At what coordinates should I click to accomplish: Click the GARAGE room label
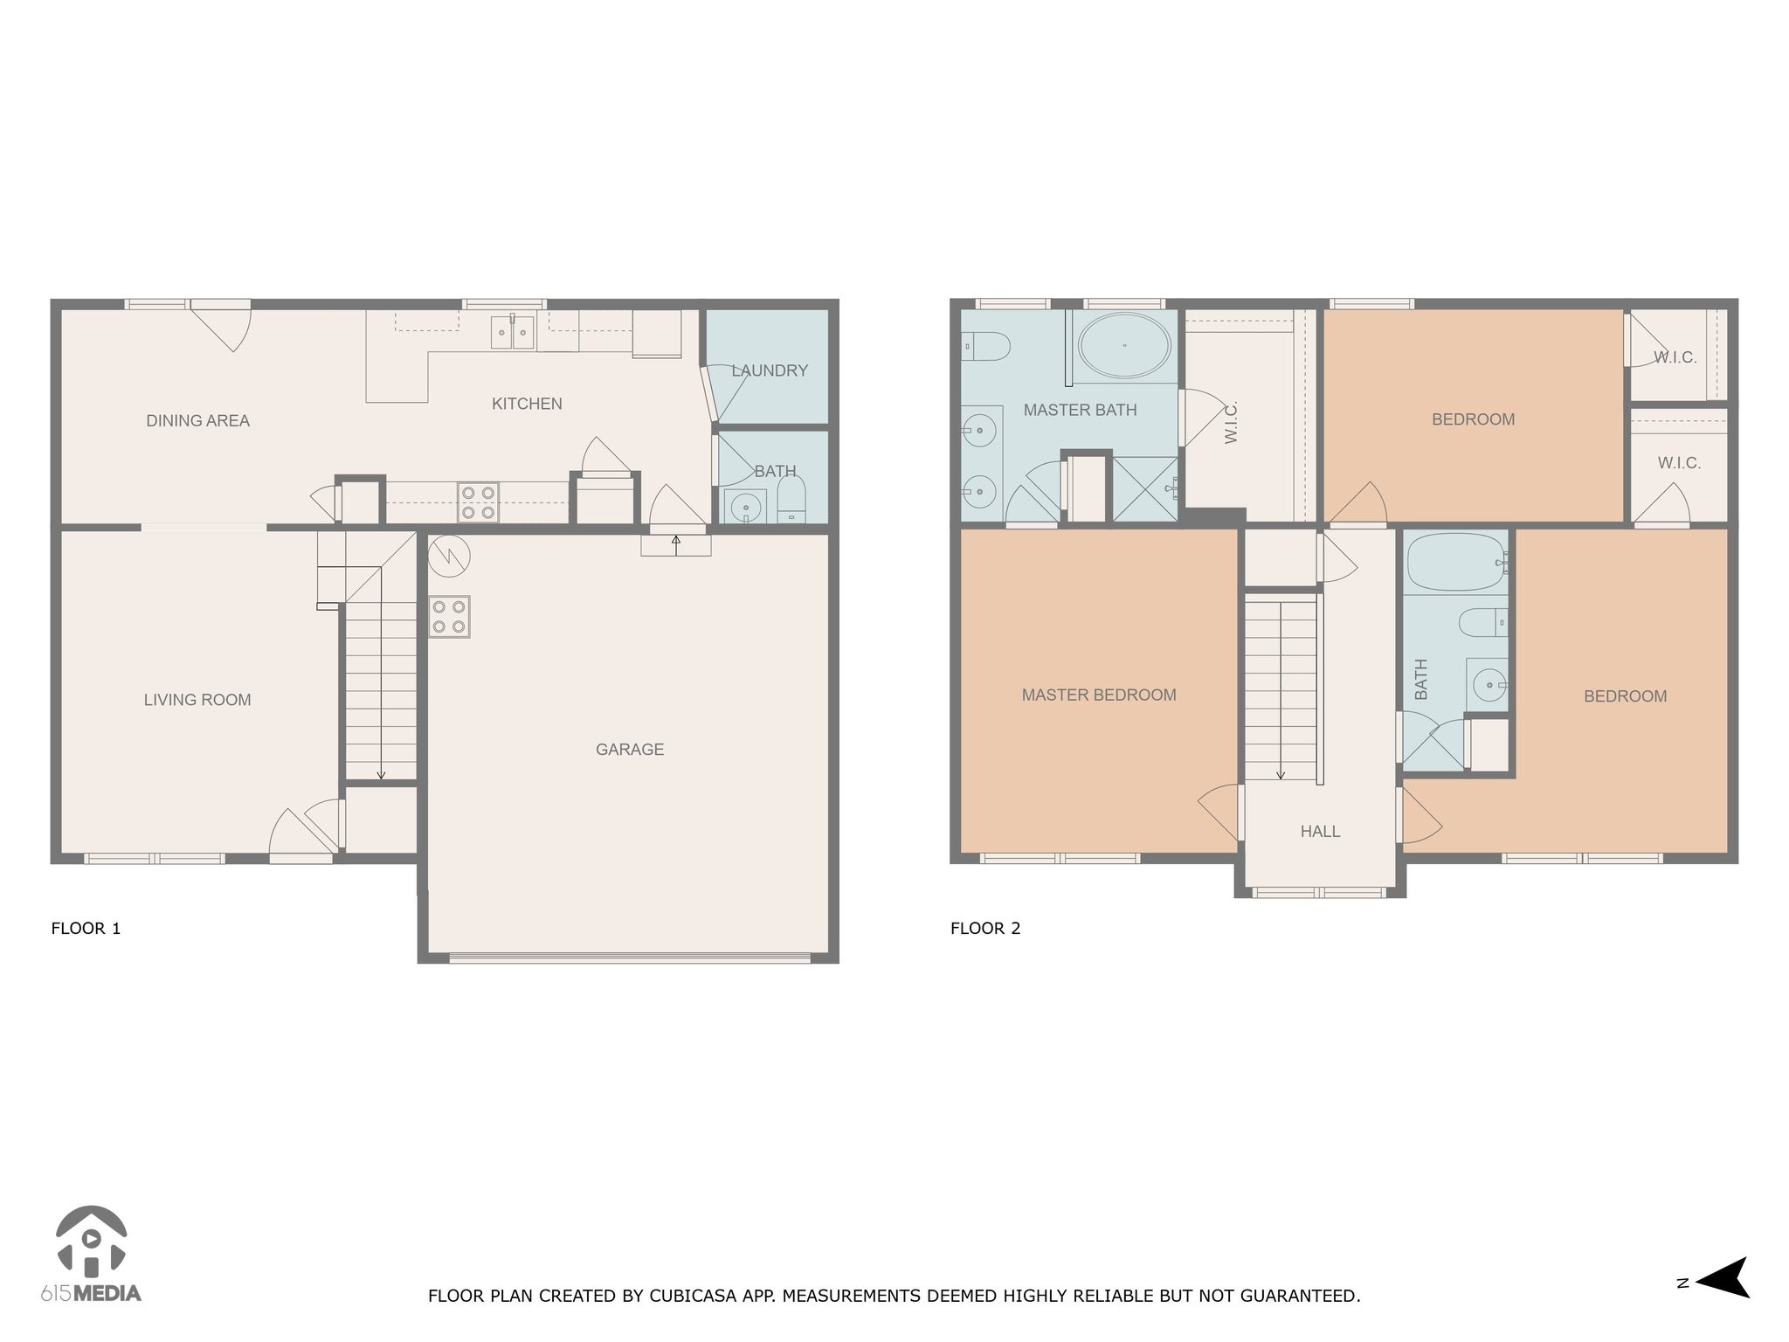coord(629,750)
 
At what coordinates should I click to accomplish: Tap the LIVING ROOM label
coord(197,700)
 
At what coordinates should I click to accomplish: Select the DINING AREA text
coord(197,421)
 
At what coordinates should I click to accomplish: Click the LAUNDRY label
coord(770,370)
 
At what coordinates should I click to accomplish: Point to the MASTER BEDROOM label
coord(1099,695)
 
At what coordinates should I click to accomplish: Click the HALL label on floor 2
coord(1320,832)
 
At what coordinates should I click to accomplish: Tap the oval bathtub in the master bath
coord(1124,346)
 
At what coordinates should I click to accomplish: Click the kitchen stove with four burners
coord(478,502)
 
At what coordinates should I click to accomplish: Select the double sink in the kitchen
coord(512,332)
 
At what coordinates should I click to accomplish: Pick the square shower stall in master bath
coord(1145,489)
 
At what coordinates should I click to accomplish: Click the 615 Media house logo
coord(91,1242)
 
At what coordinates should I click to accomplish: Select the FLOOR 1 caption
coord(86,929)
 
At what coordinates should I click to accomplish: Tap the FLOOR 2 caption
coord(985,929)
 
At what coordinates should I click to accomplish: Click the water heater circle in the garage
coord(450,556)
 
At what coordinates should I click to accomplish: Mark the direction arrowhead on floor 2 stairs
coord(1281,774)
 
